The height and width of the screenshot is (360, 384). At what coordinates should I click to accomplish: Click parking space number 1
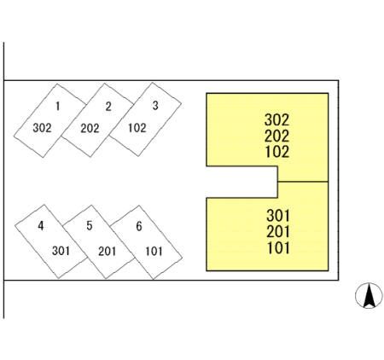(50, 120)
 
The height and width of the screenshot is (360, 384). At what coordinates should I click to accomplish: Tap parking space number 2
(97, 120)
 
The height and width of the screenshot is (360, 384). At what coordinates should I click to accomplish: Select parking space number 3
(145, 119)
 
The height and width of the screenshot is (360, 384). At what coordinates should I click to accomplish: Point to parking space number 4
(51, 241)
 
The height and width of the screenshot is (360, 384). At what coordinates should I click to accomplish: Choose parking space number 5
(99, 241)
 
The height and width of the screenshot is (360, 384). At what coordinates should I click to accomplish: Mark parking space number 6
(146, 242)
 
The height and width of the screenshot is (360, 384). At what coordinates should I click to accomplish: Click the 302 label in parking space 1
(42, 128)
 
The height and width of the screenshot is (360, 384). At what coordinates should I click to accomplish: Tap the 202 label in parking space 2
(90, 129)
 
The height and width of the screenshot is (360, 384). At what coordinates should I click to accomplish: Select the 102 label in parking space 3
(137, 128)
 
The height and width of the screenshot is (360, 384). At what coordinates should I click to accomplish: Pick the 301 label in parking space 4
(61, 251)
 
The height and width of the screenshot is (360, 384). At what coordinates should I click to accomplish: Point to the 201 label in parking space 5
(108, 252)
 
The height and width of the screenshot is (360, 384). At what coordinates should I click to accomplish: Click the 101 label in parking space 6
(154, 252)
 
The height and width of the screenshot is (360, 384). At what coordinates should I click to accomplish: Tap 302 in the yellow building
(277, 119)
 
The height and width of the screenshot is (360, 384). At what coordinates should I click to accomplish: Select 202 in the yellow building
(277, 136)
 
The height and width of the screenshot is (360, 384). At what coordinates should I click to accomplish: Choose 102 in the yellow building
(277, 152)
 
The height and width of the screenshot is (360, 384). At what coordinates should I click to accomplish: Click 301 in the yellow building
(278, 216)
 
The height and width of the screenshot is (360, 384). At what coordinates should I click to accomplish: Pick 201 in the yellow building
(278, 231)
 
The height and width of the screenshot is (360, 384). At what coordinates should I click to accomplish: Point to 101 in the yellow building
(279, 247)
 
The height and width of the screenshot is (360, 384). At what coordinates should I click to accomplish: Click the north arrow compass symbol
(369, 296)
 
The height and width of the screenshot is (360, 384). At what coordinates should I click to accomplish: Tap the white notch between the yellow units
(241, 182)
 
